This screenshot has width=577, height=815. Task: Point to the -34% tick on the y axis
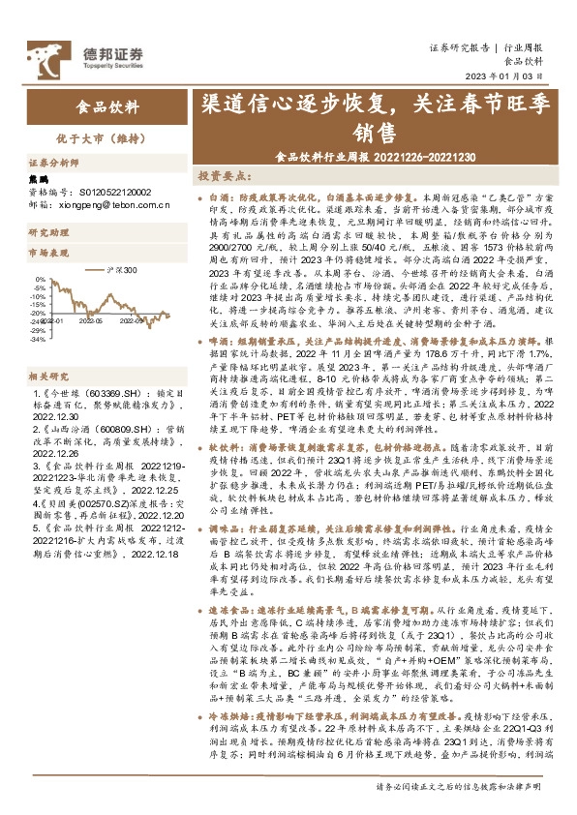click(36, 340)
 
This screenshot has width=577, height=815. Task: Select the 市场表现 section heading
click(47, 251)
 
